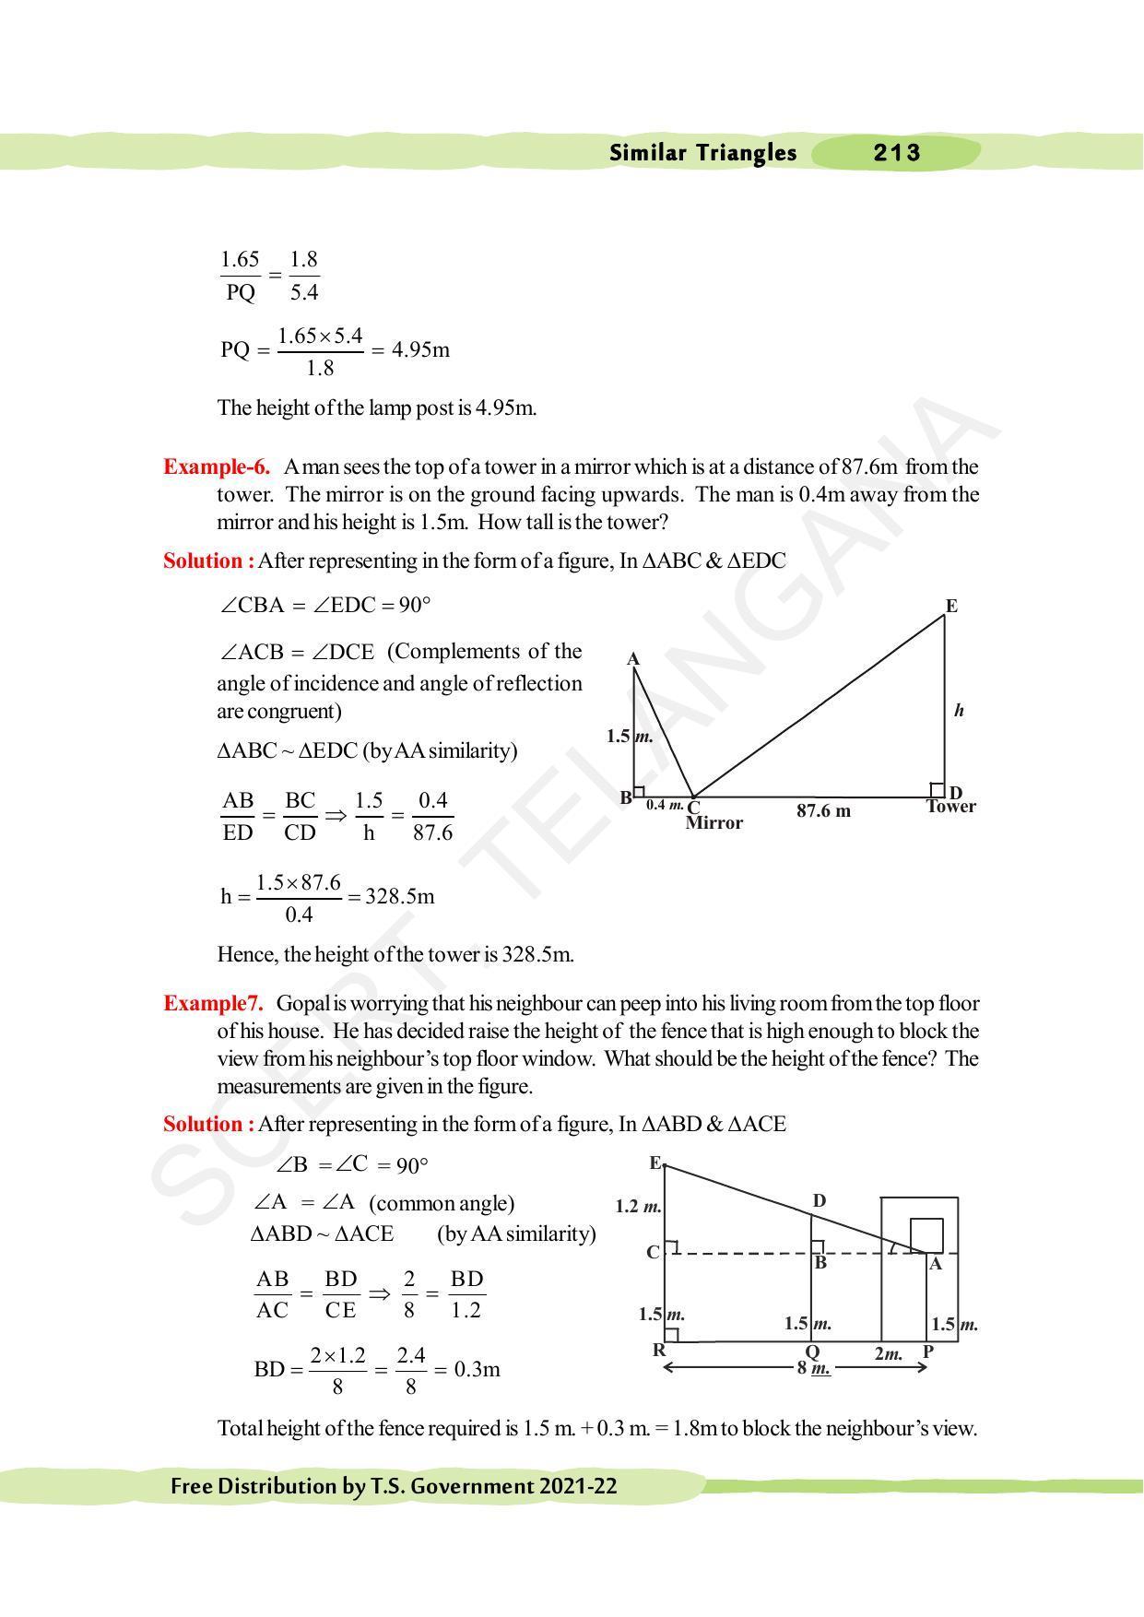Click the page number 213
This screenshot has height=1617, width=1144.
[x=896, y=153]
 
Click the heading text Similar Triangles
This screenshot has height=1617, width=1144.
[x=702, y=153]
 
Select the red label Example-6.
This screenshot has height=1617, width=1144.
[x=217, y=466]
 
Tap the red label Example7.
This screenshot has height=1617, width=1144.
[x=213, y=1003]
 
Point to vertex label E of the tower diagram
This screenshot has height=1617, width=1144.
[x=951, y=606]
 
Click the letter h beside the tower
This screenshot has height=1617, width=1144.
[x=959, y=710]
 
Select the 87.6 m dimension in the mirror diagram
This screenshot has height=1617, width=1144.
[x=823, y=811]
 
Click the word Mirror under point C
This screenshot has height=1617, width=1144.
[x=714, y=823]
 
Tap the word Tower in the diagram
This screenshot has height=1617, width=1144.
[x=950, y=807]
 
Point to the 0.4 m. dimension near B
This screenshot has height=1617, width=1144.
[x=664, y=805]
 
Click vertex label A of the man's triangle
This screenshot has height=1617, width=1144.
[x=633, y=659]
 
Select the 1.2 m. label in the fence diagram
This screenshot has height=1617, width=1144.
[x=638, y=1207]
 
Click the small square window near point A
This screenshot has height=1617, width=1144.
[x=926, y=1234]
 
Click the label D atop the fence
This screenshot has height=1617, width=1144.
[x=819, y=1201]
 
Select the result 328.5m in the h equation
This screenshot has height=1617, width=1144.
[x=400, y=897]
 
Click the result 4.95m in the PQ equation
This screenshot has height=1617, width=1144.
[x=420, y=350]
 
